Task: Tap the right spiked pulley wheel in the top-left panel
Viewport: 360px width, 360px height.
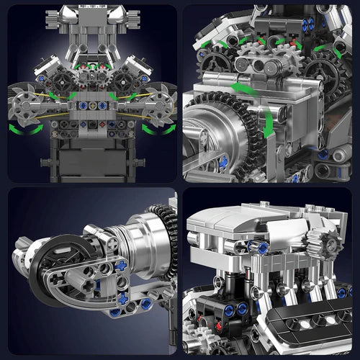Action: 159,100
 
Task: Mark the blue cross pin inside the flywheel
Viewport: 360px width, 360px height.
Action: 223,162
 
